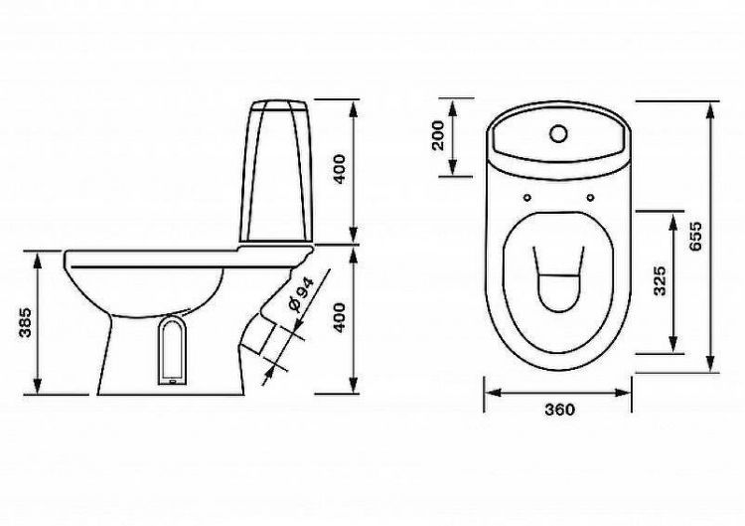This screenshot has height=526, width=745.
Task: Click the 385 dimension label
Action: pyautogui.click(x=25, y=322)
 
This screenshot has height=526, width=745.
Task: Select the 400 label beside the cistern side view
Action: pyautogui.click(x=340, y=169)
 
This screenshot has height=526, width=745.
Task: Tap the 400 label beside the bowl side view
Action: pyautogui.click(x=340, y=318)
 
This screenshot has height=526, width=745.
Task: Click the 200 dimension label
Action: pyautogui.click(x=438, y=135)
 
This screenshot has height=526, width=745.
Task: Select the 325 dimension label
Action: pyautogui.click(x=660, y=281)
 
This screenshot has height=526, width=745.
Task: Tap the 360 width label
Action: pyautogui.click(x=559, y=409)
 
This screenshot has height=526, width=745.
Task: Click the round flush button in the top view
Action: pyautogui.click(x=558, y=133)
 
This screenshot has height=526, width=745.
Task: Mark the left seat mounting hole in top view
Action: pyautogui.click(x=526, y=197)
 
